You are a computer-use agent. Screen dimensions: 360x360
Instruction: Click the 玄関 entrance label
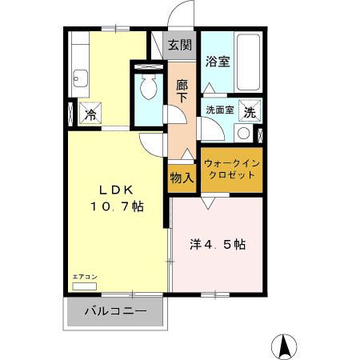coord(180,46)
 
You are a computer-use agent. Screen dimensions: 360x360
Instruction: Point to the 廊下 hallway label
coord(182,90)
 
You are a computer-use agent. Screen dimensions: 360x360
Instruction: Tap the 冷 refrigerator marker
coord(91,114)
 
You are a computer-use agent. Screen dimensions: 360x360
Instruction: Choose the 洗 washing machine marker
coord(250,112)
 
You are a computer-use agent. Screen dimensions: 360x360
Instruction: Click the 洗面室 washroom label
coord(219,110)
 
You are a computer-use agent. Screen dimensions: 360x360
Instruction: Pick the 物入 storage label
coord(182,178)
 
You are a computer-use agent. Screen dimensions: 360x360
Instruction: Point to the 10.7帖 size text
coord(117,206)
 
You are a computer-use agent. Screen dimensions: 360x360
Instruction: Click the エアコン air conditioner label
coord(84,277)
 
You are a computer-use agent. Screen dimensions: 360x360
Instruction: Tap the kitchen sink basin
coord(80,78)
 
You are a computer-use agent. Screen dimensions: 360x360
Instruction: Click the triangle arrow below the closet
coord(207,205)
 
